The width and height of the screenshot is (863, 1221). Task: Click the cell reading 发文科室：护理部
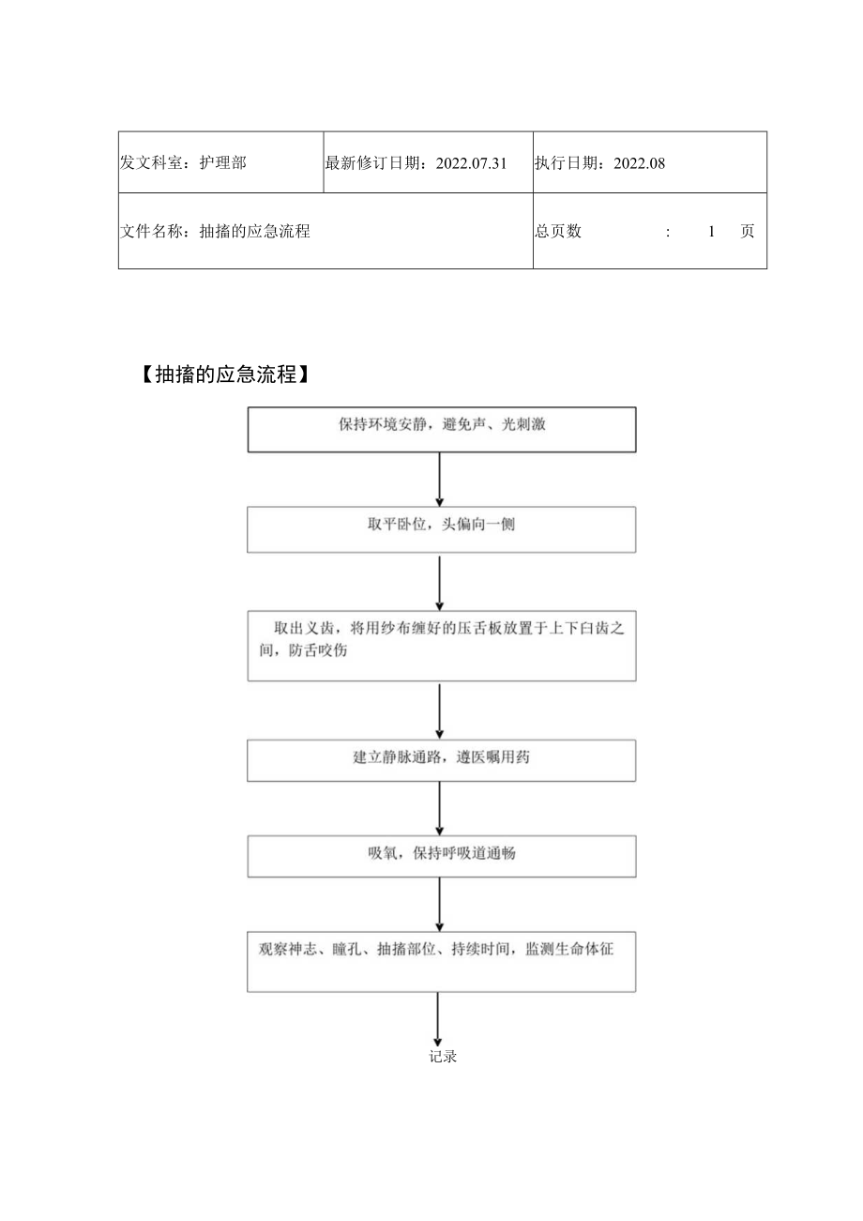click(184, 162)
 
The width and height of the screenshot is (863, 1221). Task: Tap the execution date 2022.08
click(639, 162)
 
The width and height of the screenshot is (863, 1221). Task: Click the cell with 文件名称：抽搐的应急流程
click(216, 231)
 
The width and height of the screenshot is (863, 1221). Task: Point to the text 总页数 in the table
click(558, 231)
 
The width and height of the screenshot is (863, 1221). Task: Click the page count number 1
click(712, 231)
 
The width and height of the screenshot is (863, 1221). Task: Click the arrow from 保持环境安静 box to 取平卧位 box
click(439, 479)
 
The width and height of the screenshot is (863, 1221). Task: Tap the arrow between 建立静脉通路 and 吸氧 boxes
click(439, 807)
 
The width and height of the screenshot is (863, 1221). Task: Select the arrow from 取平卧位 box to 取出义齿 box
click(439, 582)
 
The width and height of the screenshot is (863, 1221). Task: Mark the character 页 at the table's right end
click(747, 231)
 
